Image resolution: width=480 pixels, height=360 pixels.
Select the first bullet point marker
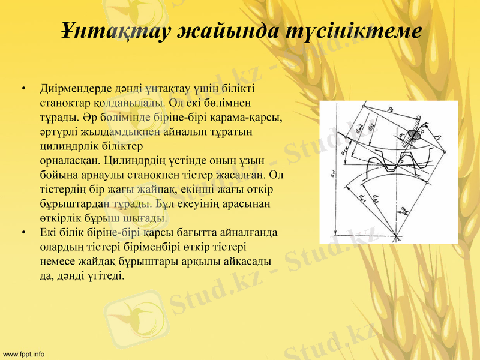pos(23,89)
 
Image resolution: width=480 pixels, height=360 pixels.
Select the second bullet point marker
pos(23,232)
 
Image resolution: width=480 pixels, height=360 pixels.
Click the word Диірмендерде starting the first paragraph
pos(73,89)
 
